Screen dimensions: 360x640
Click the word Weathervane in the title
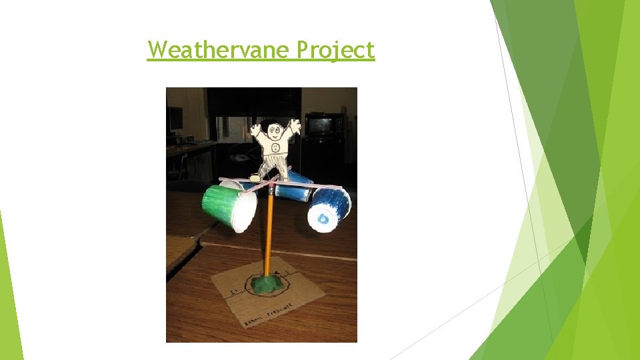coord(220,49)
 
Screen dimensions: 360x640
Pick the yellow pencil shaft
coord(269,233)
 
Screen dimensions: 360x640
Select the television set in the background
coord(324,125)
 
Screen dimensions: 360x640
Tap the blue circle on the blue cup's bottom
coord(323,218)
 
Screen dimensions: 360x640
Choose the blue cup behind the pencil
coord(293,190)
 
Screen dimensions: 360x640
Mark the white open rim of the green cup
coord(244,213)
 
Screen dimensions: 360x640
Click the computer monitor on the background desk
coord(175,119)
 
